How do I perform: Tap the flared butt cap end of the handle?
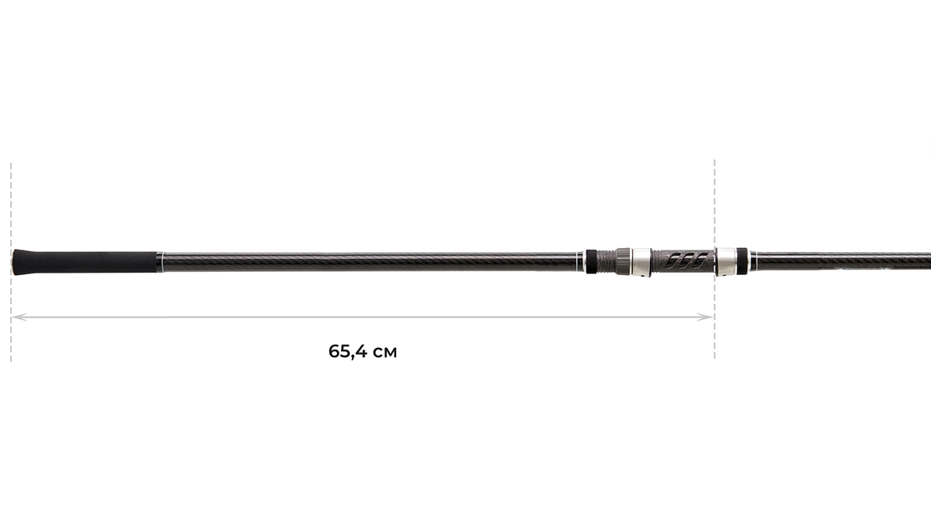[x=16, y=262]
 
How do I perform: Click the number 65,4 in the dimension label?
[x=348, y=351]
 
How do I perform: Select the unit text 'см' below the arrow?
[x=385, y=353]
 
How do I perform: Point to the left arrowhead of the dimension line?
[x=19, y=317]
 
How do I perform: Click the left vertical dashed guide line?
[x=11, y=262]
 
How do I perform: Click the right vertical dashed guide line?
[x=714, y=259]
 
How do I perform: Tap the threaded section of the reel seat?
[x=606, y=262]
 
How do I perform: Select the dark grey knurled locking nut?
[x=624, y=262]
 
